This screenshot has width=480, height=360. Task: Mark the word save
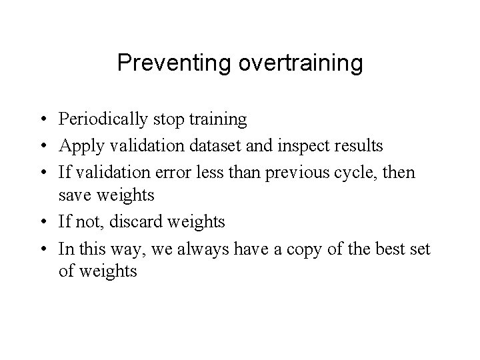73,196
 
